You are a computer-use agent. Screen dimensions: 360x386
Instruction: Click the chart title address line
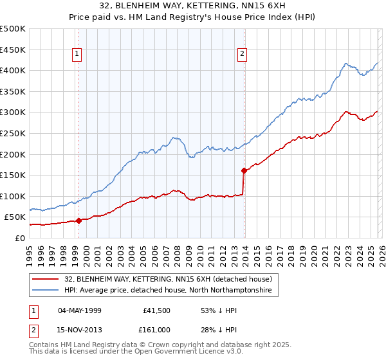(x=192, y=6)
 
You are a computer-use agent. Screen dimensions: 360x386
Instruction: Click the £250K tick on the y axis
(x=13, y=133)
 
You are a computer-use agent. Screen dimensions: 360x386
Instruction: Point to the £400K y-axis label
(x=13, y=70)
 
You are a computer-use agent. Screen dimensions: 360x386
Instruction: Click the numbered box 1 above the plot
(x=77, y=55)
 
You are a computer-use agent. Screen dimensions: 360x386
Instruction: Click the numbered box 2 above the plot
(x=243, y=55)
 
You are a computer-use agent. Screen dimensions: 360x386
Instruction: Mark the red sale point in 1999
(x=78, y=221)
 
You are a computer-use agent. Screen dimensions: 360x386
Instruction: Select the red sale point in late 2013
(x=244, y=170)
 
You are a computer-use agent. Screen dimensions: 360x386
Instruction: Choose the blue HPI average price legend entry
(x=168, y=291)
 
